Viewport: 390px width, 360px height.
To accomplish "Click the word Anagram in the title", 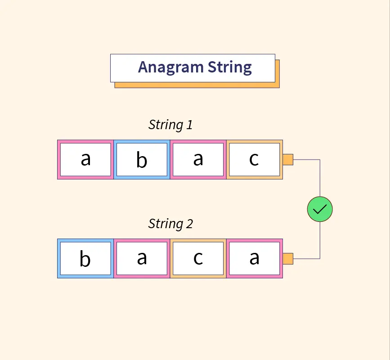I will pyautogui.click(x=170, y=67).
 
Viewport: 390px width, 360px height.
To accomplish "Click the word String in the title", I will pyautogui.click(x=229, y=67).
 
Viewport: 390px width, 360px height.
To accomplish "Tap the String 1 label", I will pyautogui.click(x=170, y=125).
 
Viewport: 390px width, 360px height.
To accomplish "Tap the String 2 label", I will pyautogui.click(x=170, y=224).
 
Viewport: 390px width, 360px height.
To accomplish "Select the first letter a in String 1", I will pyautogui.click(x=85, y=159).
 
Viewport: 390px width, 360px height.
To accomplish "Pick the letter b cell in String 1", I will pyautogui.click(x=142, y=159).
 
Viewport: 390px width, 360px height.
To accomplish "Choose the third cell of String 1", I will pyautogui.click(x=198, y=159).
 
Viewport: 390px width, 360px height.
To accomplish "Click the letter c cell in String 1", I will pyautogui.click(x=254, y=159).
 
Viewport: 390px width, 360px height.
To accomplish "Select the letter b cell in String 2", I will pyautogui.click(x=85, y=258).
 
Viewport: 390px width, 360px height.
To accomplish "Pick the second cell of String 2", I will pyautogui.click(x=142, y=258).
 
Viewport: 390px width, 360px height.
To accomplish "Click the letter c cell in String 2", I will pyautogui.click(x=198, y=258).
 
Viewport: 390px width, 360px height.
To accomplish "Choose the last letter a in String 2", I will pyautogui.click(x=254, y=258).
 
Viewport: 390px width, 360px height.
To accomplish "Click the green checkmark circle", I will pyautogui.click(x=320, y=209).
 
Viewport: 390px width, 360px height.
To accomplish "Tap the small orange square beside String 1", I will pyautogui.click(x=288, y=159).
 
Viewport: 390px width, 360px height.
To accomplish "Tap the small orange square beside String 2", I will pyautogui.click(x=288, y=258).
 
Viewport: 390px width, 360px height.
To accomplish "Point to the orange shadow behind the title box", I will pyautogui.click(x=278, y=76).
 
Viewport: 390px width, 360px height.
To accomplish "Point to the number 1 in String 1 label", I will pyautogui.click(x=189, y=125).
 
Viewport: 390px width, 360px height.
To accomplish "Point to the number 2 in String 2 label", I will pyautogui.click(x=189, y=224).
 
